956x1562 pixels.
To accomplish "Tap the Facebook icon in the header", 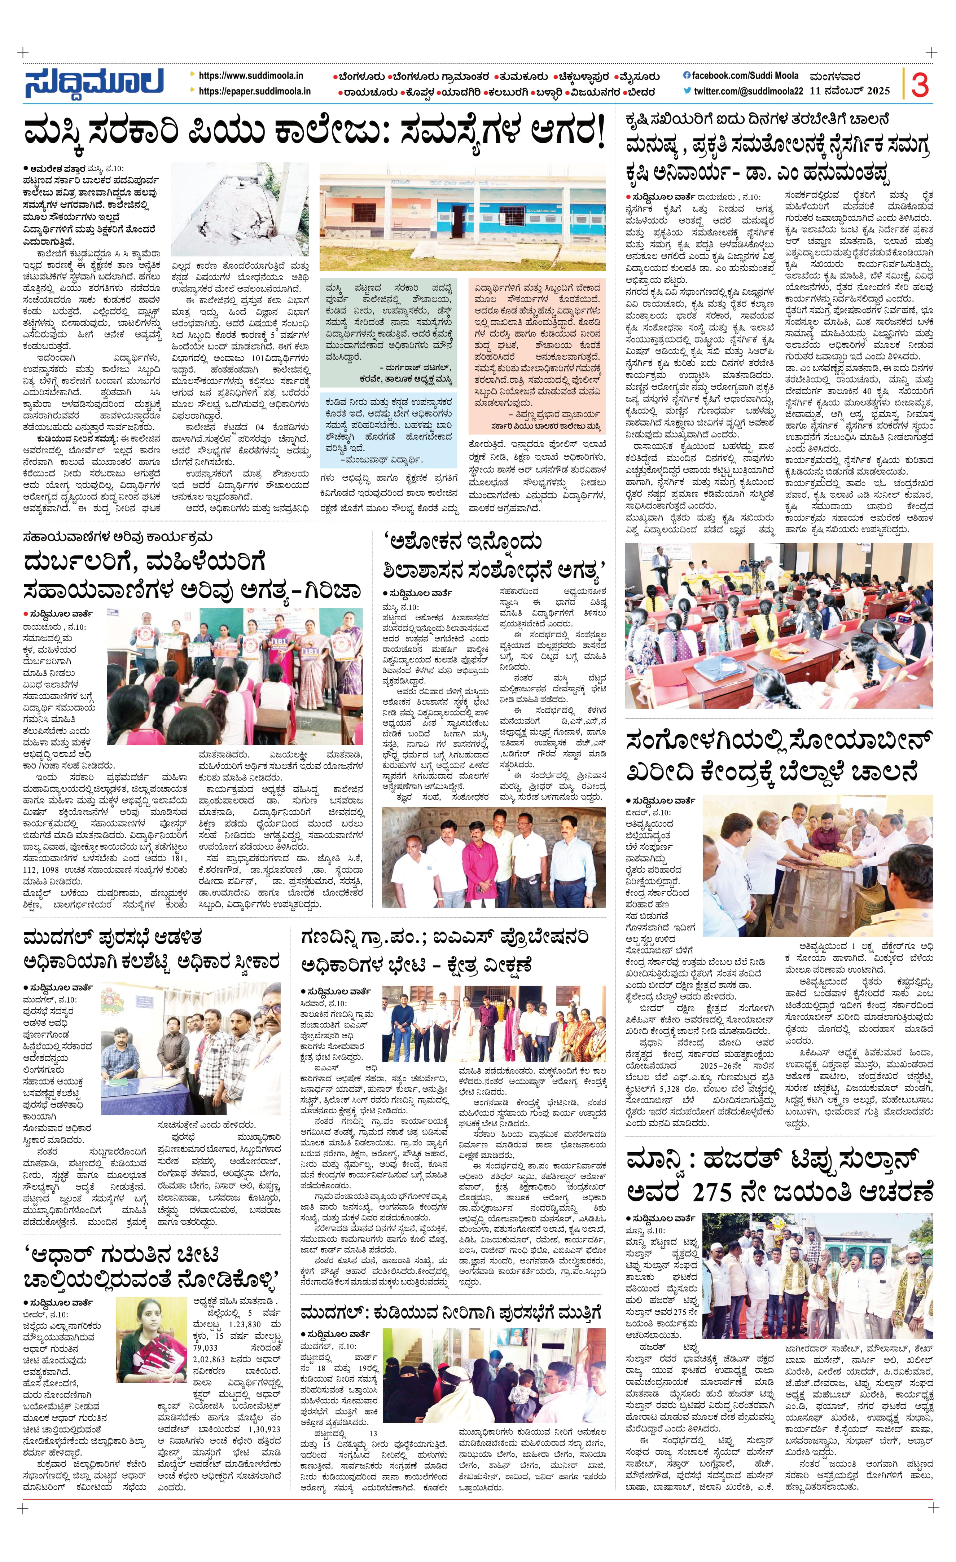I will pyautogui.click(x=687, y=75).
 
